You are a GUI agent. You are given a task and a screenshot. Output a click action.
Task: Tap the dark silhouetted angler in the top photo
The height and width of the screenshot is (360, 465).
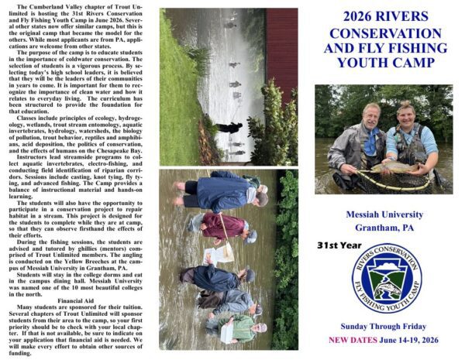[228, 126]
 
